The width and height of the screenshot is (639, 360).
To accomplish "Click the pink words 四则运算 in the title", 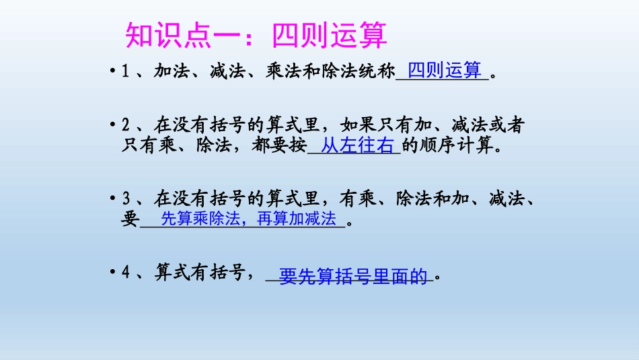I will tap(330, 36).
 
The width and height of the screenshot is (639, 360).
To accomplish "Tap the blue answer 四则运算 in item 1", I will tap(445, 70).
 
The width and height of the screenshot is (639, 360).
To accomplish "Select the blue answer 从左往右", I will tap(357, 145).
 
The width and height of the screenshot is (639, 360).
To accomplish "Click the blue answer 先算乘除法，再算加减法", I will tap(249, 219).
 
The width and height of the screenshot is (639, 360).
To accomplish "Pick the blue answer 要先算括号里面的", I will tap(354, 276).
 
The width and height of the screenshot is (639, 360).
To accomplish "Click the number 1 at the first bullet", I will tap(125, 72).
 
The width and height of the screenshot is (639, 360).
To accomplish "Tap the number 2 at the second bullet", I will tap(125, 125).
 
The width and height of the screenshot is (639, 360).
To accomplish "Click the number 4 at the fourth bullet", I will tap(125, 274).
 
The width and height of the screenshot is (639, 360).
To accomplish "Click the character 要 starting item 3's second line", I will tap(130, 219).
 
